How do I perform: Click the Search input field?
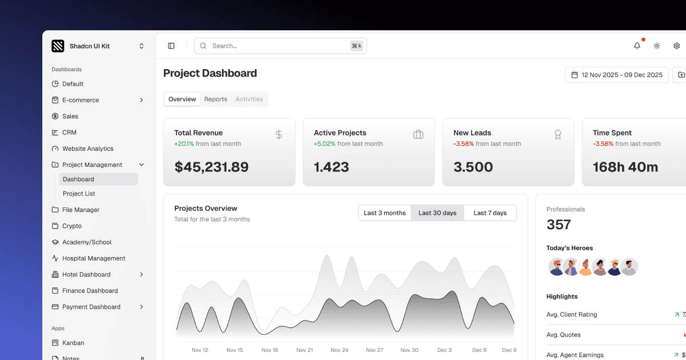274,46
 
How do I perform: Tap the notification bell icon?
637,46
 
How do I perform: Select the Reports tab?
216,99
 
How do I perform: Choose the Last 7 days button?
490,213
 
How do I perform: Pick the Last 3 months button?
384,213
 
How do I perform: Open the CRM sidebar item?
69,133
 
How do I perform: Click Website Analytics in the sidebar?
87,149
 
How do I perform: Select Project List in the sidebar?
79,194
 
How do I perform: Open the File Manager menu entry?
81,210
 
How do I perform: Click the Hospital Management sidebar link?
93,258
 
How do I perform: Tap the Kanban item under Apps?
73,343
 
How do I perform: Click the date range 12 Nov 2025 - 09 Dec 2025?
617,75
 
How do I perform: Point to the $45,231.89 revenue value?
212,167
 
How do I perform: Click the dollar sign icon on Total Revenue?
278,135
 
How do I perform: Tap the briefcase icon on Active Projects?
418,135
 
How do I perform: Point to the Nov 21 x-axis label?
305,350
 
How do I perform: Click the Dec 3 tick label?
444,350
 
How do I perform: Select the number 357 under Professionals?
559,225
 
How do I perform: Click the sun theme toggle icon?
657,46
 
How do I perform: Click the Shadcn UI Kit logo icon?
58,46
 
